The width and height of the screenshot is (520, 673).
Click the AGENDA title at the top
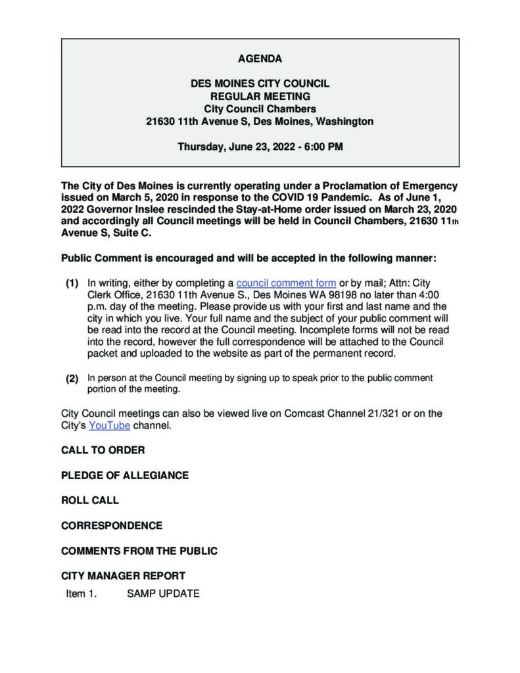click(260, 59)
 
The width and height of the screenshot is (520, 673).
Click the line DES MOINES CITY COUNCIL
click(260, 84)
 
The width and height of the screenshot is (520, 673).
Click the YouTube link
click(110, 425)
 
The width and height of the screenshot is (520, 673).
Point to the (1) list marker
click(72, 283)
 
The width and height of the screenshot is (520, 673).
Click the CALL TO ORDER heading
click(103, 450)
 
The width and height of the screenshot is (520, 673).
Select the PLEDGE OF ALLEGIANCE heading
click(125, 475)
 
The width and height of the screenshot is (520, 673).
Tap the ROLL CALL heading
click(90, 500)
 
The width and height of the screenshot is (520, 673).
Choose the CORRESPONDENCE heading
click(112, 526)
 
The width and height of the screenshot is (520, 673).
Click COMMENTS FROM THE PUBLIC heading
click(139, 551)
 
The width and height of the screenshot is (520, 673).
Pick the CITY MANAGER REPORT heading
click(124, 576)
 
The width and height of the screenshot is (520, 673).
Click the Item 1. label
click(82, 593)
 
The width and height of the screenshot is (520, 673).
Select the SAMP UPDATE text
click(163, 593)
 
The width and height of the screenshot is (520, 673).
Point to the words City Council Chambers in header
click(260, 109)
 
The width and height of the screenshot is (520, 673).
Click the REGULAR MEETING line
click(260, 97)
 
